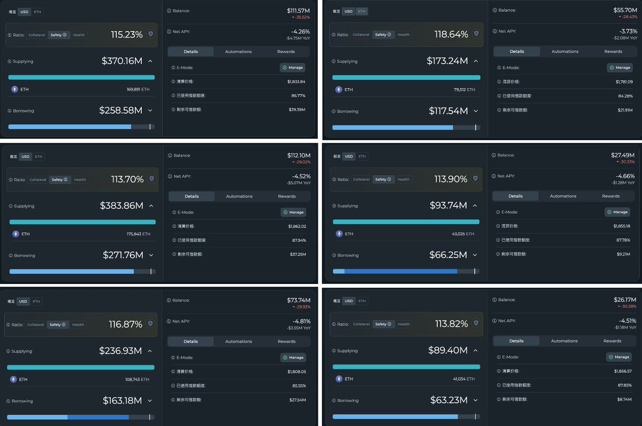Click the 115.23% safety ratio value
[127, 35]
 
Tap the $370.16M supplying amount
[122, 61]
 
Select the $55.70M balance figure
[625, 10]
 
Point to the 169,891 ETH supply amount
[138, 89]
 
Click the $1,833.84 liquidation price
[296, 81]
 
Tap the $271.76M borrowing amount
[123, 256]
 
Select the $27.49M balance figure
[623, 155]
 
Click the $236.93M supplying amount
[120, 351]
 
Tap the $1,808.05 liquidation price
[296, 371]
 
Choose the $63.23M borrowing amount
[449, 400]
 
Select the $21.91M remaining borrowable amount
[624, 109]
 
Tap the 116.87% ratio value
[126, 325]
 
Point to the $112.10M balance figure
[299, 155]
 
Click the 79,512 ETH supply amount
[464, 89]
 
